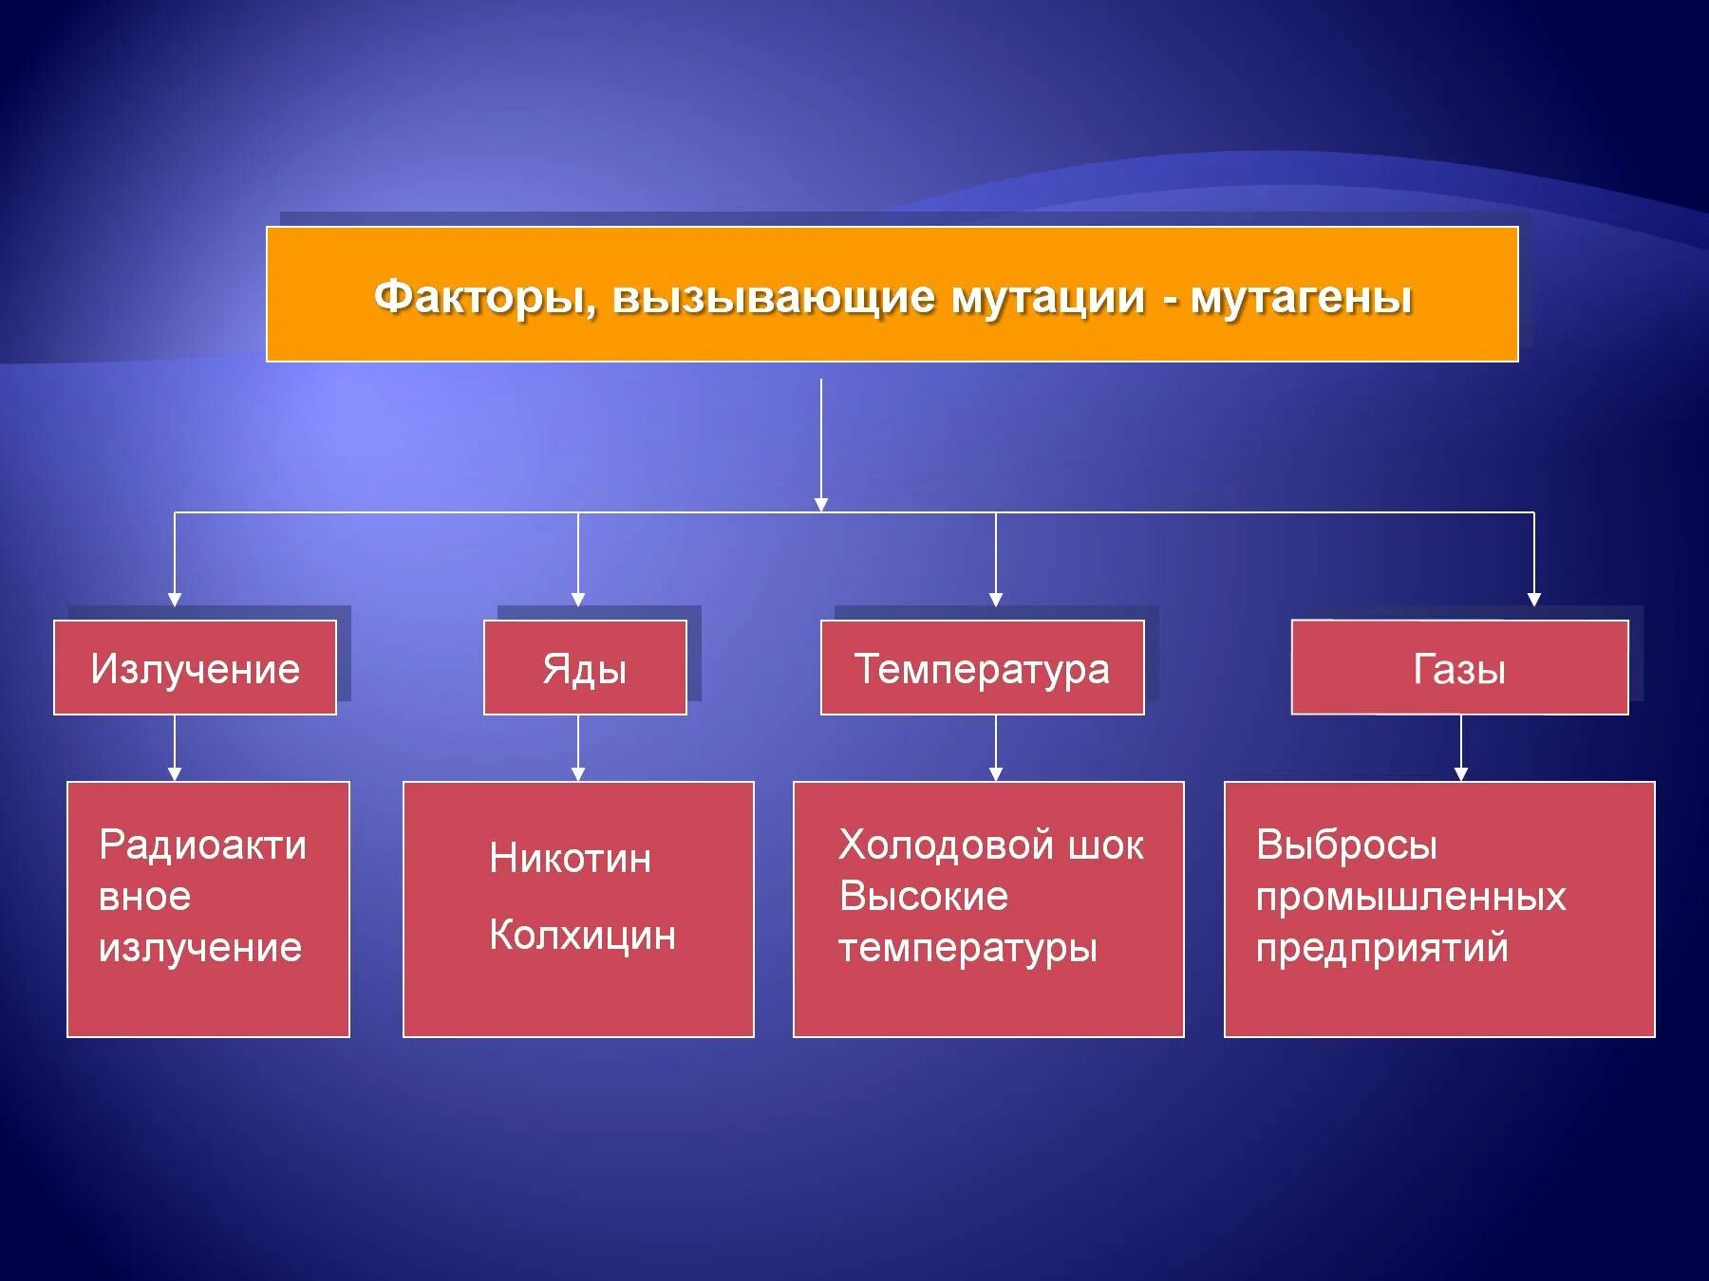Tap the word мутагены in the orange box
click(1301, 298)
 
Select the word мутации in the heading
click(1048, 298)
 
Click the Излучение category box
click(195, 668)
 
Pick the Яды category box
click(585, 668)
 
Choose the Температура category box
click(982, 668)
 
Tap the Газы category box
click(1459, 668)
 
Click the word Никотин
click(570, 859)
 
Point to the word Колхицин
click(582, 936)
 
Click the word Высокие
click(923, 896)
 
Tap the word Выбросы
click(1346, 845)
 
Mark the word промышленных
click(1410, 896)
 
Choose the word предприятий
click(1381, 947)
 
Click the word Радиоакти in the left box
click(202, 845)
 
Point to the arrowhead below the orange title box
click(821, 504)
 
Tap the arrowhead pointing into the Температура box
click(996, 599)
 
